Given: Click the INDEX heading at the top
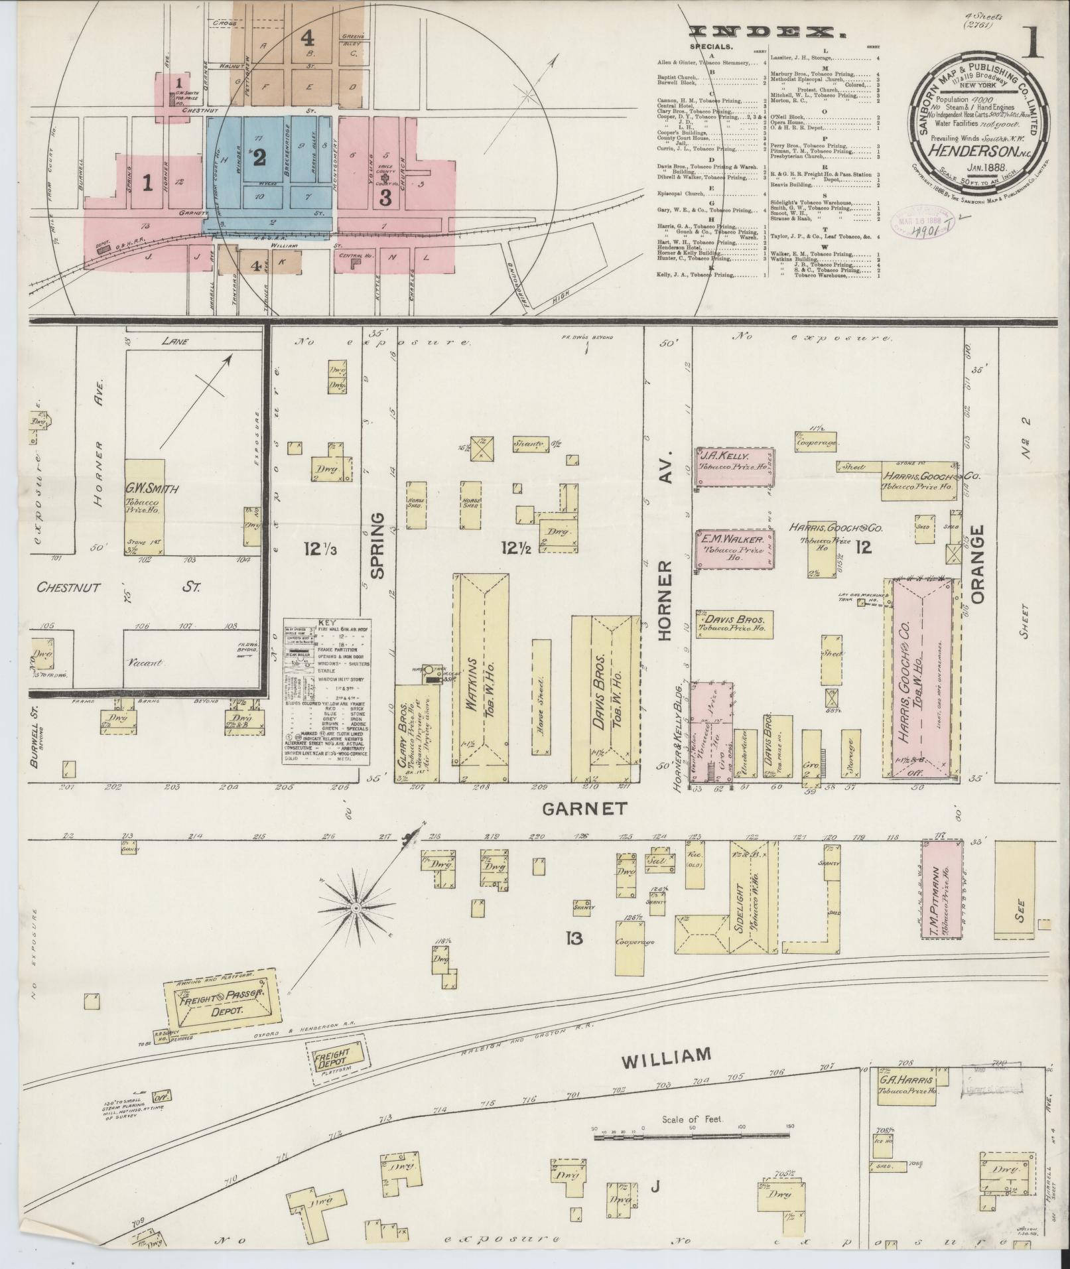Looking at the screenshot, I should (762, 31).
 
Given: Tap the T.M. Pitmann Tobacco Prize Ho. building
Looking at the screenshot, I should (943, 889).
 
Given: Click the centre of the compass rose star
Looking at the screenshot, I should (356, 906).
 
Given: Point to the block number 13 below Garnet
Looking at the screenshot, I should (574, 938).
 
